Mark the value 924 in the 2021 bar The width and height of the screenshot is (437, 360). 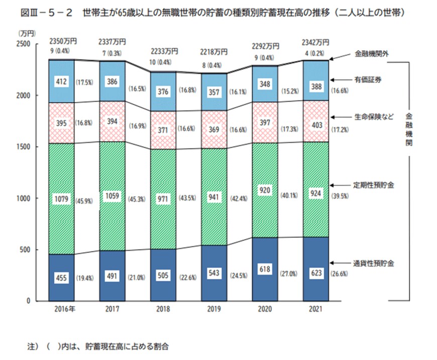[317, 193]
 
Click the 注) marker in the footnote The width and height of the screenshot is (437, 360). [33, 346]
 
